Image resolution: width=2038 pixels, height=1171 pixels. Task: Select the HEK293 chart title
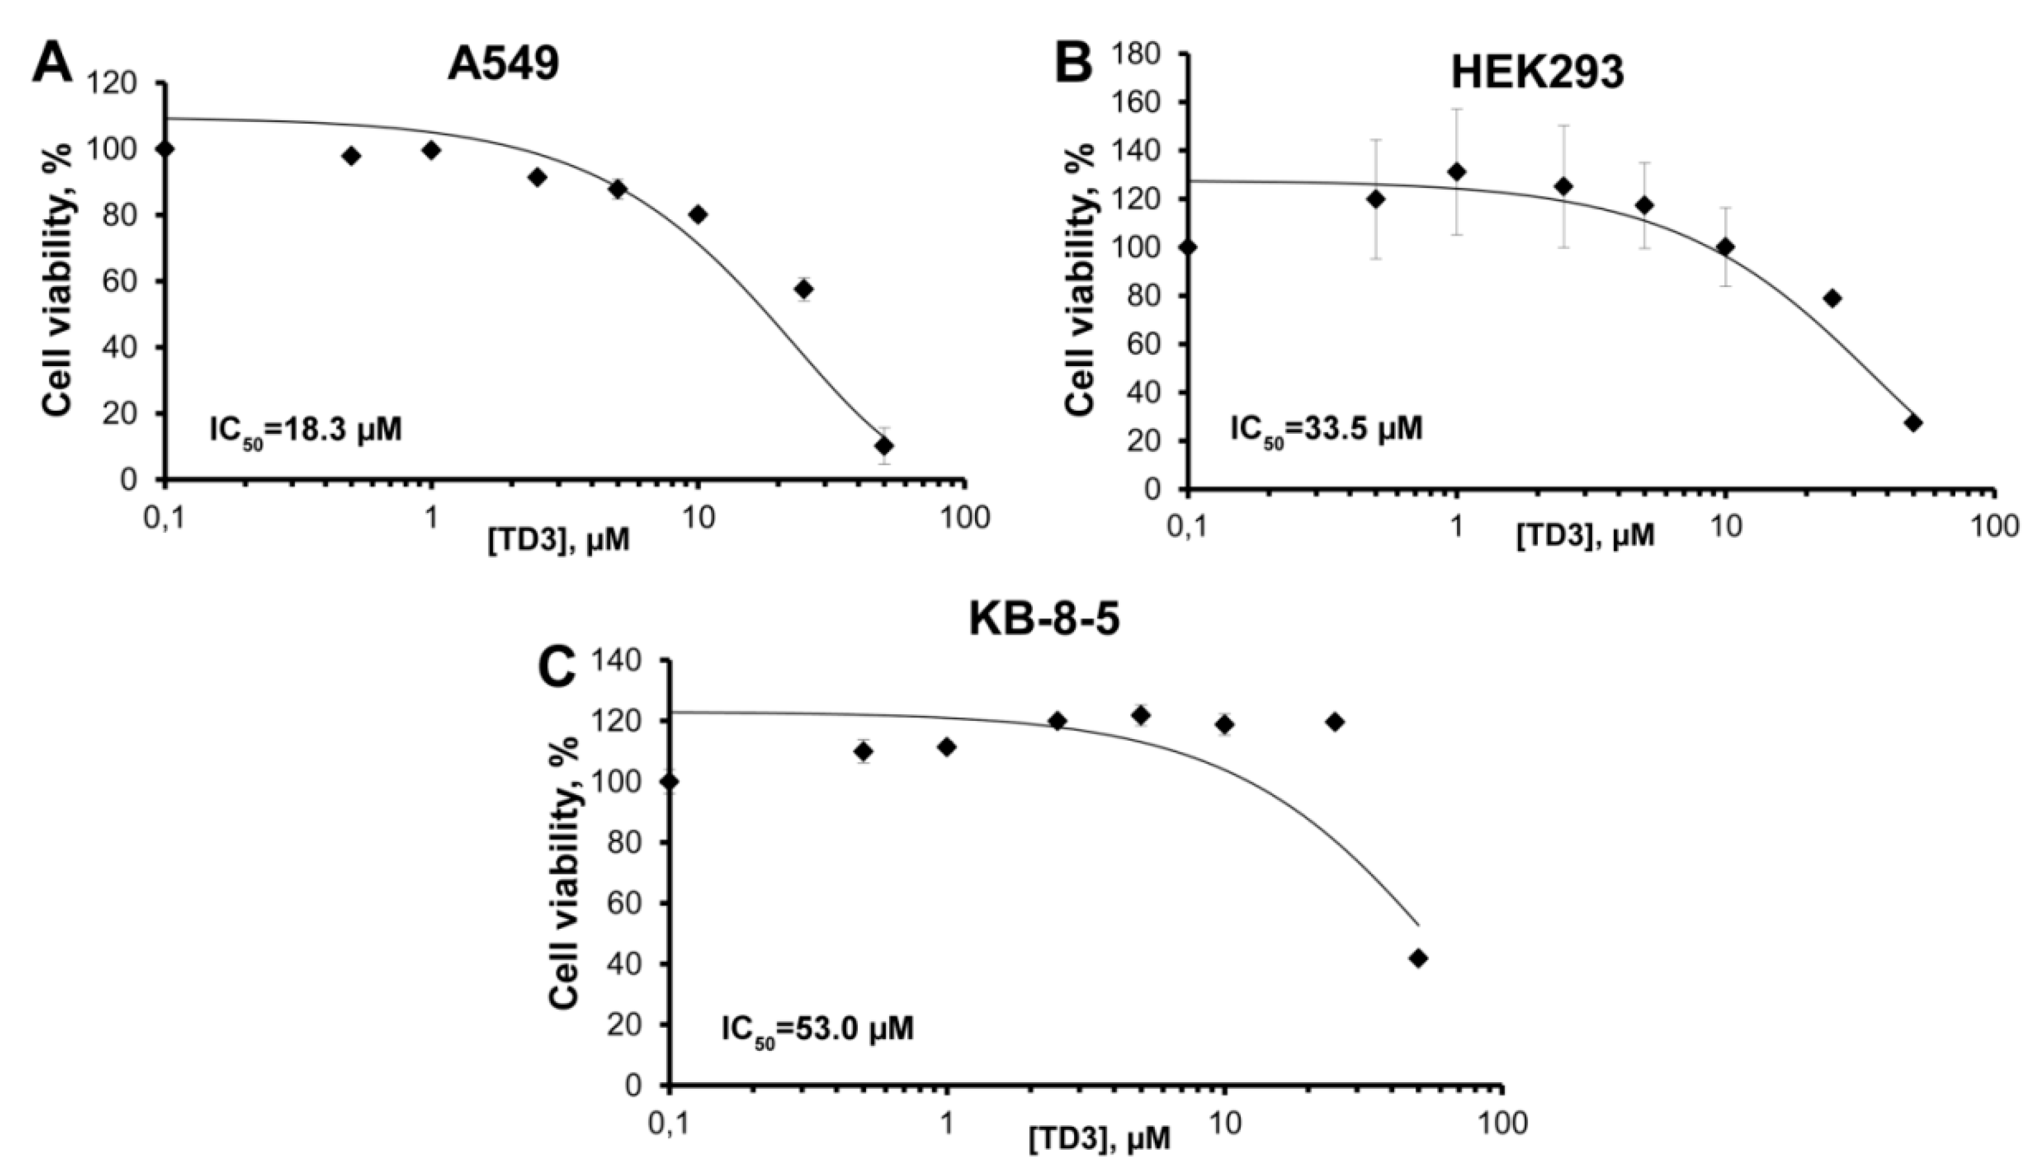1536,74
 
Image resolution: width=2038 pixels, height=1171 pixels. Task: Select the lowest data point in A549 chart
884,445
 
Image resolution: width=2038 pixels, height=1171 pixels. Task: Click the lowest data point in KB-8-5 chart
1418,958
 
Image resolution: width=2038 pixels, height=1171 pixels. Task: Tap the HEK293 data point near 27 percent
1914,423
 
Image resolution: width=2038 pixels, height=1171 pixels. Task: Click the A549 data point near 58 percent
803,289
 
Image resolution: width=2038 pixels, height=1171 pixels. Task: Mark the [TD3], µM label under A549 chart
559,540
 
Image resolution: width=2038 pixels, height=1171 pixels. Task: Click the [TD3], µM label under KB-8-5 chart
1099,1139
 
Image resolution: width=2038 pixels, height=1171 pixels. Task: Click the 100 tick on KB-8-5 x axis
1502,1123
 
